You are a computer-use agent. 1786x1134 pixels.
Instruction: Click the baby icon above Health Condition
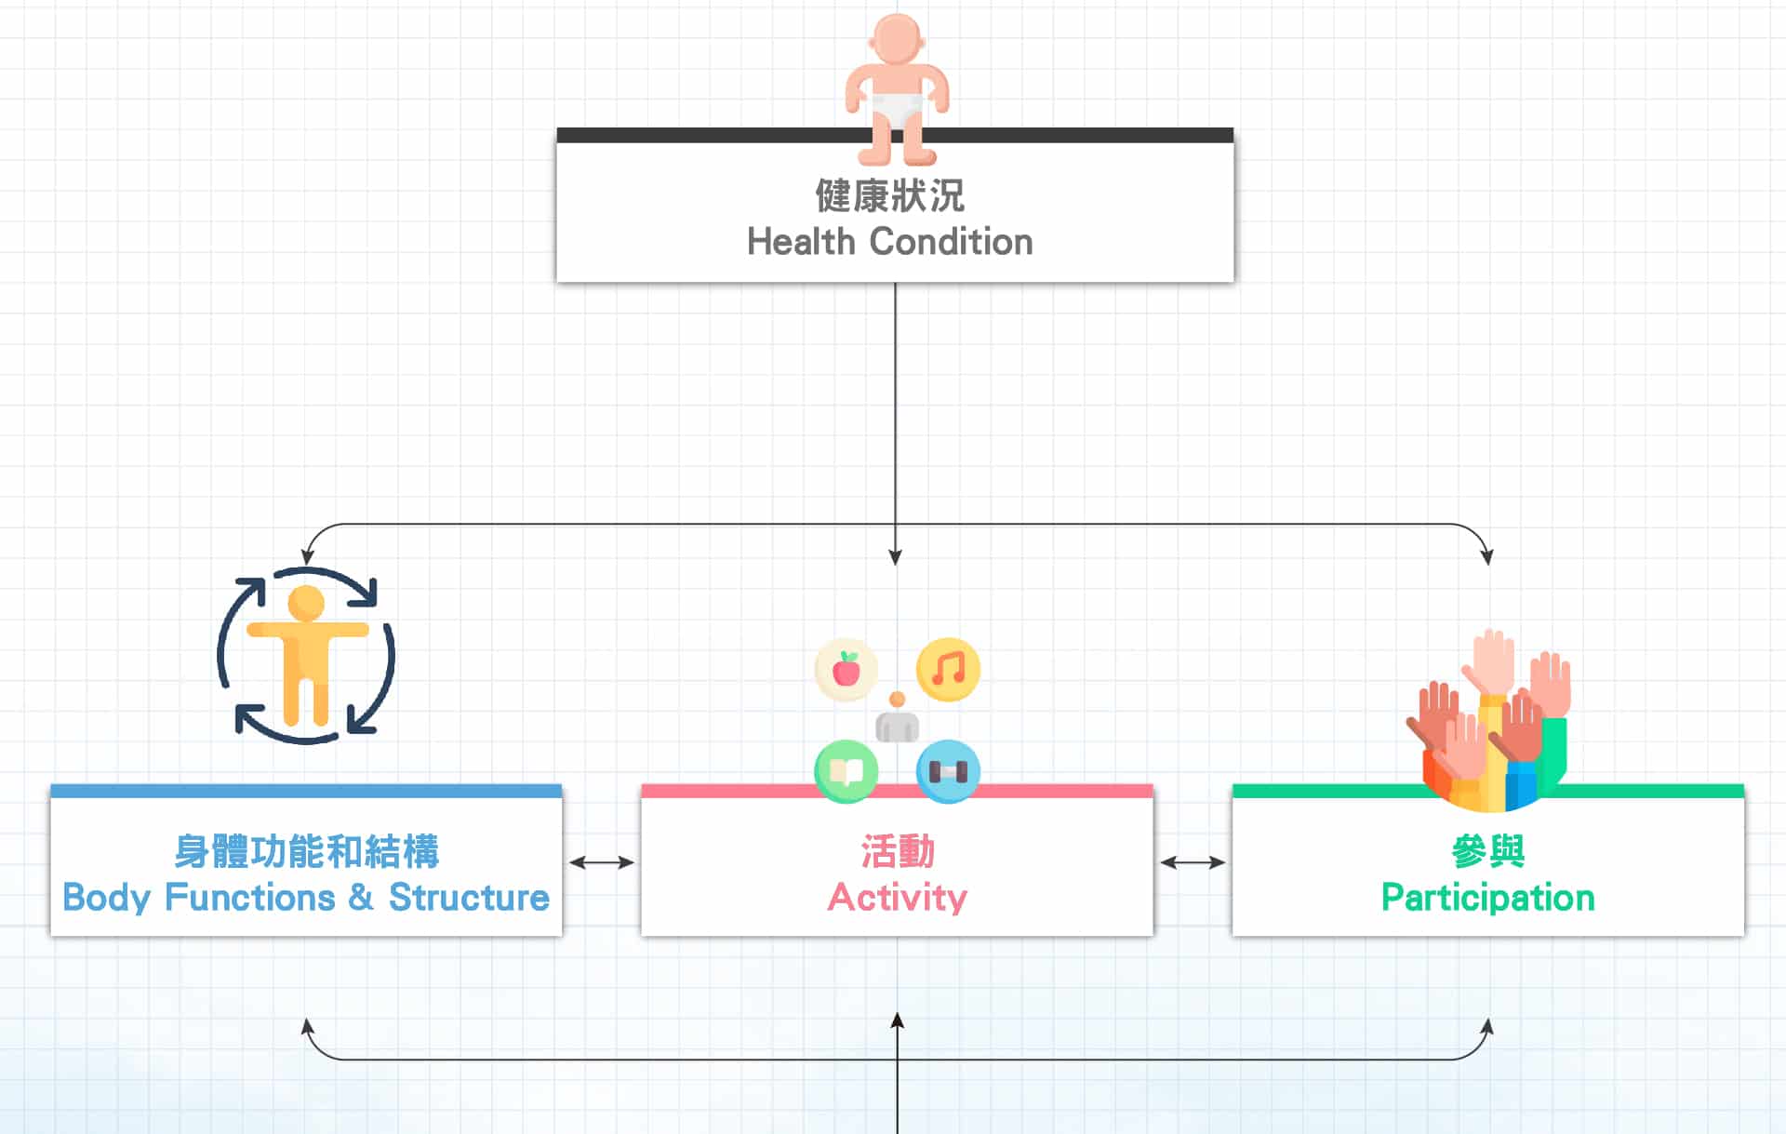(x=896, y=88)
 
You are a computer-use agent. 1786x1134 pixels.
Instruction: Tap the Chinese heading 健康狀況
(x=890, y=196)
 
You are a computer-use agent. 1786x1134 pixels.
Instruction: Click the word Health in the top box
(x=801, y=242)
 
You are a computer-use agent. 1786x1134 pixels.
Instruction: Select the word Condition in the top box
(x=951, y=242)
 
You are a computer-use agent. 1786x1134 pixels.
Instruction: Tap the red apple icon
(x=846, y=670)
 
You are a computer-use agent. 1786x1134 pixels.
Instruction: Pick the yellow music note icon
(x=948, y=670)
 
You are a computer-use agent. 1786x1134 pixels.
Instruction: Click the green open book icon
(x=846, y=771)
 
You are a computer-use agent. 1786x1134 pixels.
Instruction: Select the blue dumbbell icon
(x=948, y=771)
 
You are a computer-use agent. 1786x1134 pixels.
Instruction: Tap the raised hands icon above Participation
(x=1489, y=721)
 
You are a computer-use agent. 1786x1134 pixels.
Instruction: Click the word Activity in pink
(x=898, y=898)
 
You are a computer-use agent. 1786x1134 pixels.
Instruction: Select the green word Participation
(x=1487, y=898)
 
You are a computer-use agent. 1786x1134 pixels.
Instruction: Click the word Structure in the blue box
(x=469, y=898)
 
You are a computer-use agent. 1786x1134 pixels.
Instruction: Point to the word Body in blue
(x=106, y=898)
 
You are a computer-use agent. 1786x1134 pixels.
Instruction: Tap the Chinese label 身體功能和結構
(x=306, y=851)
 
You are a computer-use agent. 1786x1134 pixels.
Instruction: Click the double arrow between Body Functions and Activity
(x=602, y=862)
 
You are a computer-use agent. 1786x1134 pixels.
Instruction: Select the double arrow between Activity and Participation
(x=1193, y=862)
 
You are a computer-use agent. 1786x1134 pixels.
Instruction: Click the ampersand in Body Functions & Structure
(x=361, y=898)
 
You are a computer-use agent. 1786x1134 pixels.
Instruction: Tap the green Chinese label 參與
(x=1487, y=851)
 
